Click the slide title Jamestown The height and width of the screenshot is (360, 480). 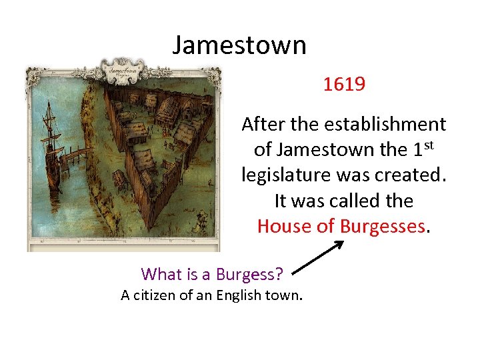(x=239, y=45)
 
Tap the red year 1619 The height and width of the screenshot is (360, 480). (x=344, y=85)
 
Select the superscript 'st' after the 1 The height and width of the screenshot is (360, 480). (x=431, y=145)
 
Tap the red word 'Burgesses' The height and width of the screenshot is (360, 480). (x=382, y=226)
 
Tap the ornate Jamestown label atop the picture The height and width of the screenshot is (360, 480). (x=123, y=69)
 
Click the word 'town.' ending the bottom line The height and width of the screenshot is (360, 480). (x=285, y=295)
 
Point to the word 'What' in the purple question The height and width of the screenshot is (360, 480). (x=161, y=274)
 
